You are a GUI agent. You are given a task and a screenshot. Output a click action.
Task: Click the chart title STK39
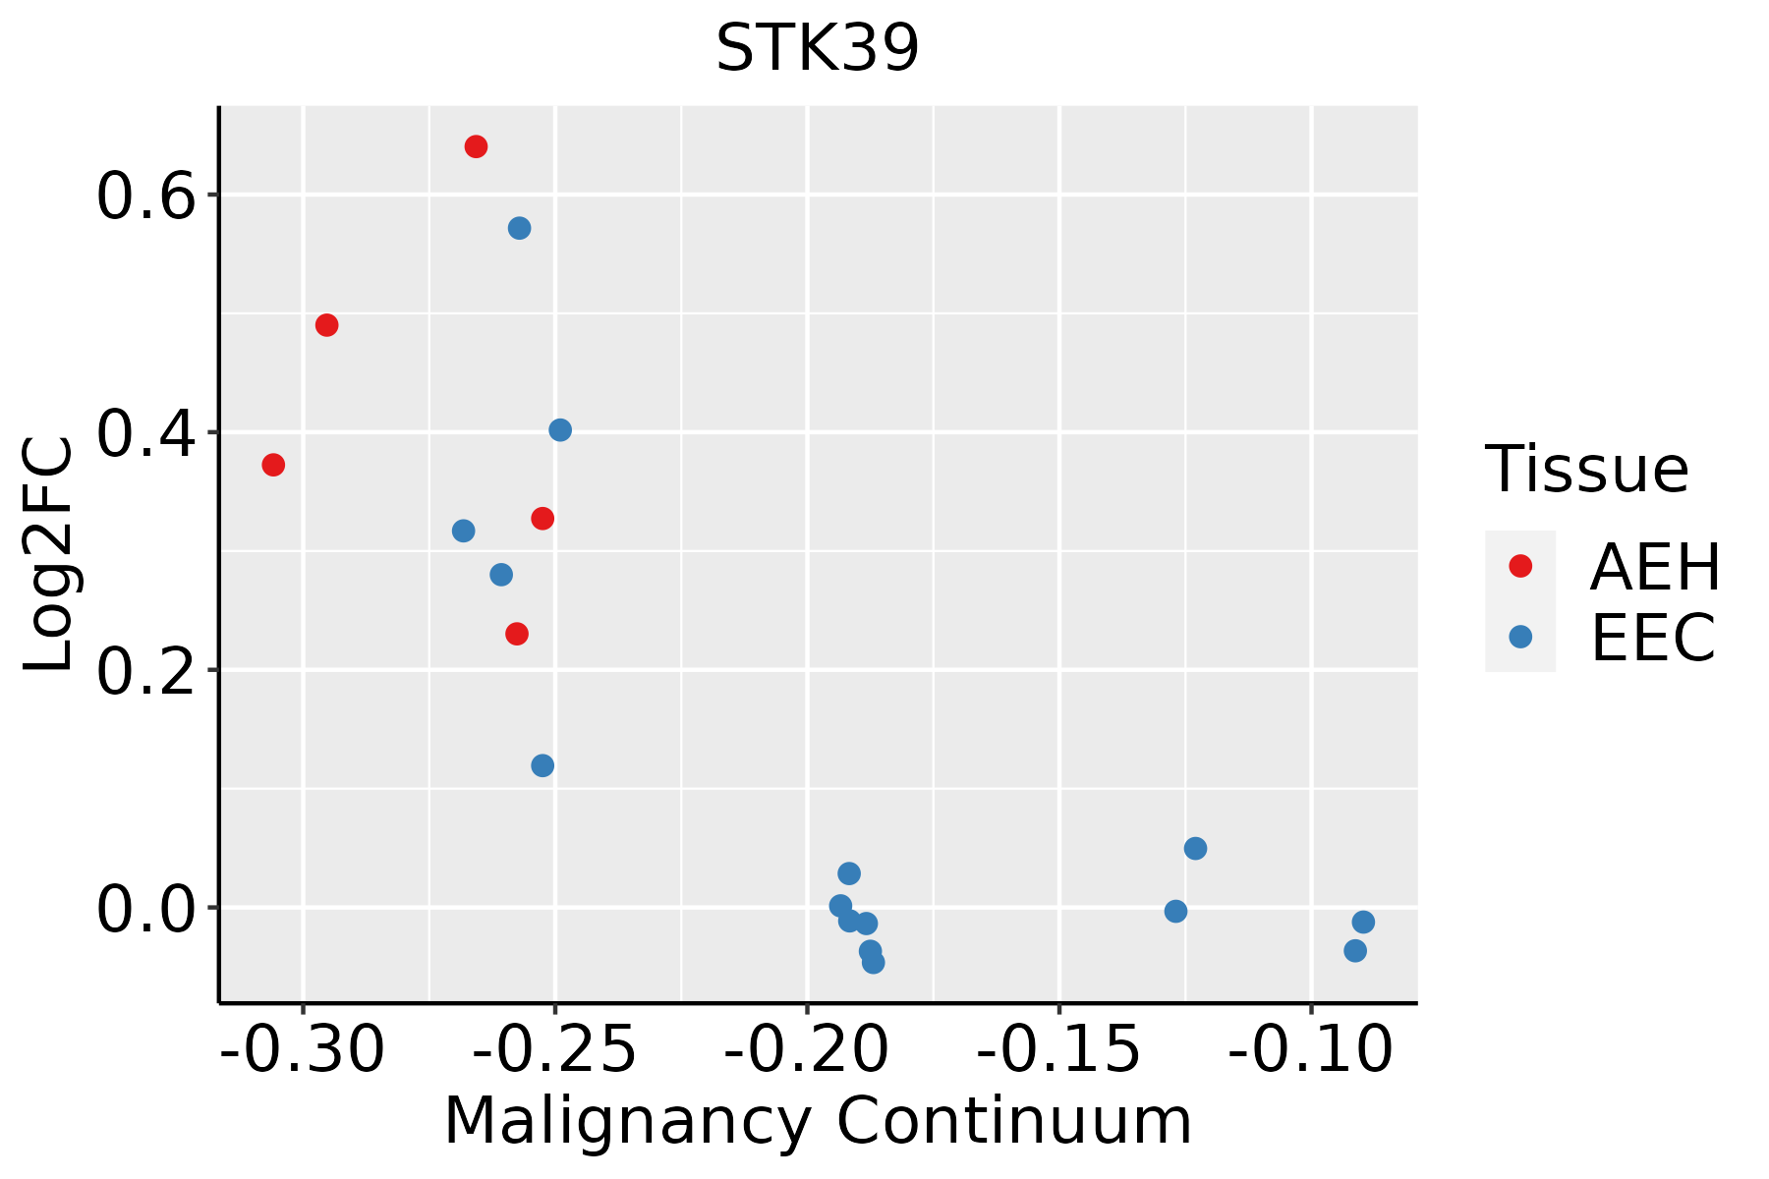point(818,47)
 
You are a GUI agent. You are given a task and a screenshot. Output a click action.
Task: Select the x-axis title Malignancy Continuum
point(818,1122)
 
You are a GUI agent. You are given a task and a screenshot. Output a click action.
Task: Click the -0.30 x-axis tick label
point(303,1049)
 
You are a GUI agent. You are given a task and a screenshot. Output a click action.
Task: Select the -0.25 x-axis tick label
point(555,1049)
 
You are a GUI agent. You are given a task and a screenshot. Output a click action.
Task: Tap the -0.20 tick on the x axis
point(807,1049)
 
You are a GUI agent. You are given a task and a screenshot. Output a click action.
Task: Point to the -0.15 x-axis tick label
point(1058,1049)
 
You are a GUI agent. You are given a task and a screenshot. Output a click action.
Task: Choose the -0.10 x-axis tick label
point(1310,1049)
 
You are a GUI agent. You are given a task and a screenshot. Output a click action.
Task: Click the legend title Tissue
point(1586,470)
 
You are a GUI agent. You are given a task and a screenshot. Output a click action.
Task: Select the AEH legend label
point(1655,567)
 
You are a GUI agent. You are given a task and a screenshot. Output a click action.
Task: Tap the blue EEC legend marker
point(1520,637)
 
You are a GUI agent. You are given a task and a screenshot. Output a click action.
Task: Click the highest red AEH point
point(476,147)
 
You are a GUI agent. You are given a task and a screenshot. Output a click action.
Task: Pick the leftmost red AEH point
point(273,465)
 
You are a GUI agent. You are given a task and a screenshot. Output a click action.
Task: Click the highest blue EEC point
point(520,229)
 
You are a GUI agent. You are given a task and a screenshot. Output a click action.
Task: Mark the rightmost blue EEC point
point(1363,923)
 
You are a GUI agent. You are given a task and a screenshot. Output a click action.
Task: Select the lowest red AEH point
point(517,635)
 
